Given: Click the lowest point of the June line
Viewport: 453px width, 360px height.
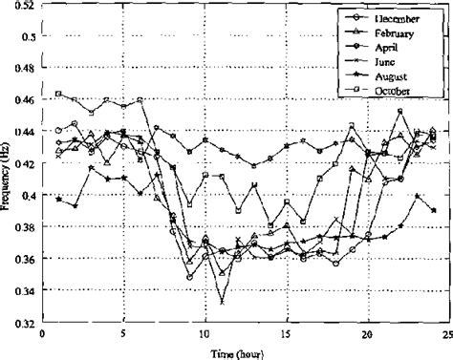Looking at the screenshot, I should click(222, 302).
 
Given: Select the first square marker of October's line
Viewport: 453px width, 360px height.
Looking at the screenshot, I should click(58, 94).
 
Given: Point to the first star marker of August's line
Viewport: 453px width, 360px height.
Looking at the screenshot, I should click(58, 173).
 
